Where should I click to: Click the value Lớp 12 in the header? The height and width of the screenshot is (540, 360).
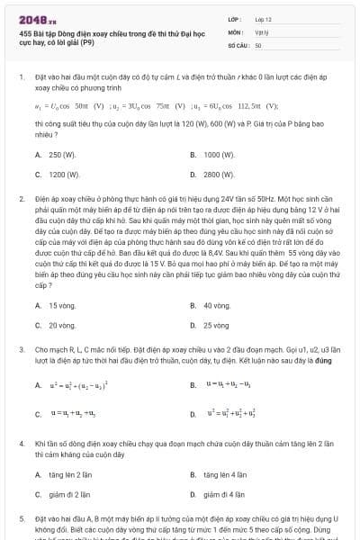click(x=262, y=18)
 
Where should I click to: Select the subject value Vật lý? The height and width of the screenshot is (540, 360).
click(x=261, y=31)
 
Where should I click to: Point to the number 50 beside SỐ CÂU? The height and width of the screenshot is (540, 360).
click(x=258, y=44)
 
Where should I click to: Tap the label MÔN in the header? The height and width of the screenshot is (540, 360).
click(x=235, y=31)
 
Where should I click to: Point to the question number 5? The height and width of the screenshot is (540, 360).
click(x=21, y=519)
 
